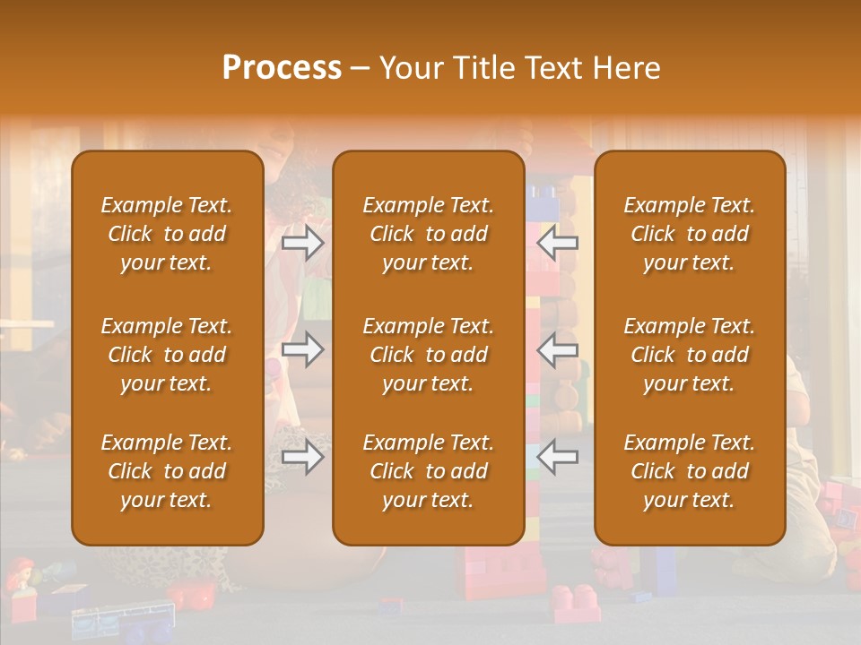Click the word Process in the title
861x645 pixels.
(x=282, y=68)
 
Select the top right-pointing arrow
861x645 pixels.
(x=303, y=243)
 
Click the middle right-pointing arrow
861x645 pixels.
(x=303, y=349)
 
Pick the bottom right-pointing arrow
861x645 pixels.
(x=303, y=458)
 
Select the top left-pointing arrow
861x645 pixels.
(x=557, y=243)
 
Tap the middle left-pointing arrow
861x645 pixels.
(x=557, y=349)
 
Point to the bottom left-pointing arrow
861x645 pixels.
(x=557, y=458)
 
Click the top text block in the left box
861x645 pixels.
(x=167, y=234)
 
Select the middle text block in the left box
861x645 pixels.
(x=167, y=355)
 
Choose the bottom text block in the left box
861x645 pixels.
(x=167, y=471)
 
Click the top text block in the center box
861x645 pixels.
(x=428, y=234)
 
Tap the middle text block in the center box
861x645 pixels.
(x=428, y=355)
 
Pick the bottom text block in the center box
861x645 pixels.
(x=428, y=471)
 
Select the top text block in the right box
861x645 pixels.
(x=689, y=234)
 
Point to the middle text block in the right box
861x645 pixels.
(x=689, y=355)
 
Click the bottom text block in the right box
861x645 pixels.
(x=689, y=471)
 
